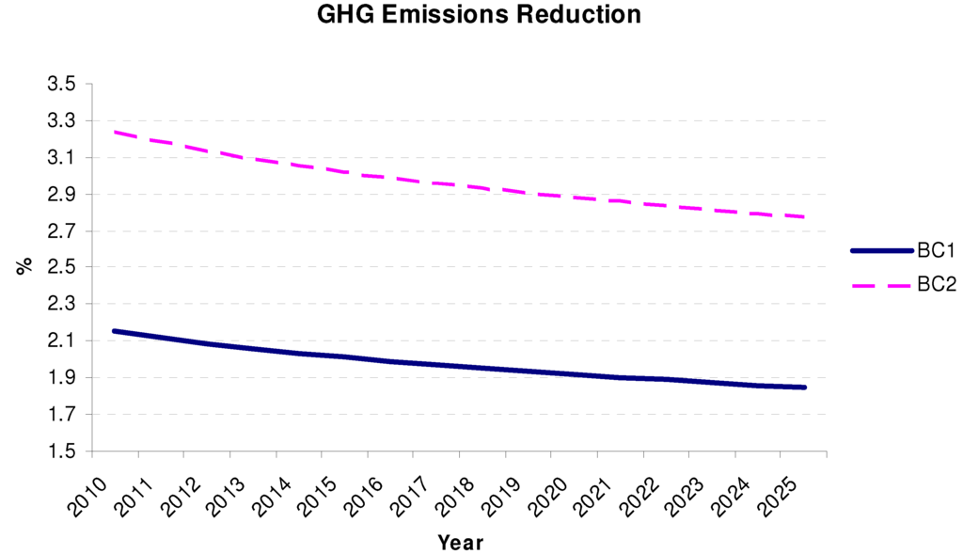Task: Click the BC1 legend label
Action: coord(935,251)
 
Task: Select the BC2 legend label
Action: coord(935,284)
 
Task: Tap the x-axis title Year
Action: coord(460,543)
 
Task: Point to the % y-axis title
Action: coord(24,266)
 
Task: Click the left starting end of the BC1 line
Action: coord(115,331)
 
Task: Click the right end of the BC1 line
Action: coord(804,388)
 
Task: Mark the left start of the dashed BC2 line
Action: coord(115,132)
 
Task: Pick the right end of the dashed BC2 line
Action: coord(804,217)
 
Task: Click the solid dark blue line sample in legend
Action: coord(881,251)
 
